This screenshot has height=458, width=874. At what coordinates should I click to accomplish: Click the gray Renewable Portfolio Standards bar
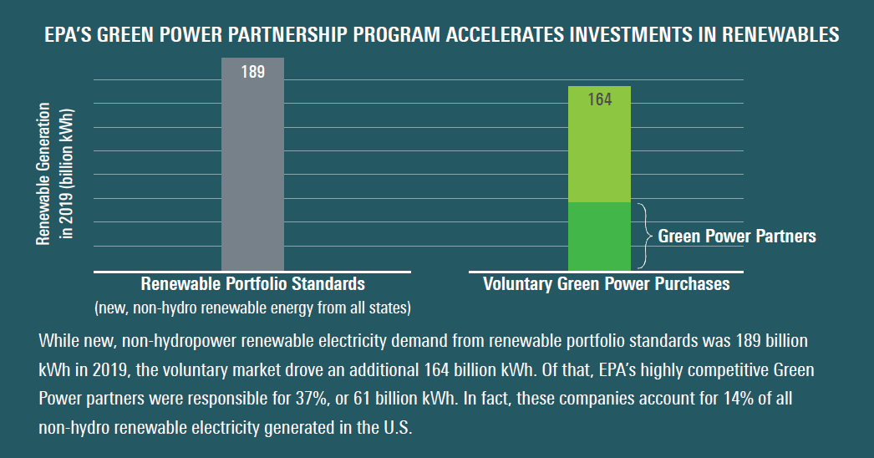point(252,165)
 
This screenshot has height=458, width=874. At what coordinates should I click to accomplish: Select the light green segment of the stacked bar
point(599,144)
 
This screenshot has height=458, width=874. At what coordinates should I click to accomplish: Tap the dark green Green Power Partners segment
point(599,237)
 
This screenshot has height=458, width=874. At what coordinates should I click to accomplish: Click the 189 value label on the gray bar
point(253,72)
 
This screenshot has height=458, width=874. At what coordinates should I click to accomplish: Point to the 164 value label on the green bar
point(600,99)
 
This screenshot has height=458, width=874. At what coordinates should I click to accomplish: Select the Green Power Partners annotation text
point(737,236)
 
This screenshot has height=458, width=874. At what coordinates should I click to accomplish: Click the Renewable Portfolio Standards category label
point(253,284)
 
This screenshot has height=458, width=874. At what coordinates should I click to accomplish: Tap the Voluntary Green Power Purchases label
point(607,284)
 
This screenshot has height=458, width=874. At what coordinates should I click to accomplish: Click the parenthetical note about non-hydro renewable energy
point(252,308)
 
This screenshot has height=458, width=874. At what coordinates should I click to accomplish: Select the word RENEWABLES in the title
point(780,35)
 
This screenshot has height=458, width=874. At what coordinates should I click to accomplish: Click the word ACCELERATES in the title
point(505,35)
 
